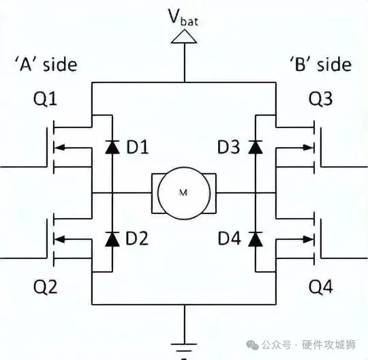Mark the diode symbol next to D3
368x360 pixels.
(x=256, y=146)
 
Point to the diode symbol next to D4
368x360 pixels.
(x=256, y=239)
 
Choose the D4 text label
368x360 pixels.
(x=230, y=239)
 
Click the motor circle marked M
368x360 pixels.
(x=183, y=193)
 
